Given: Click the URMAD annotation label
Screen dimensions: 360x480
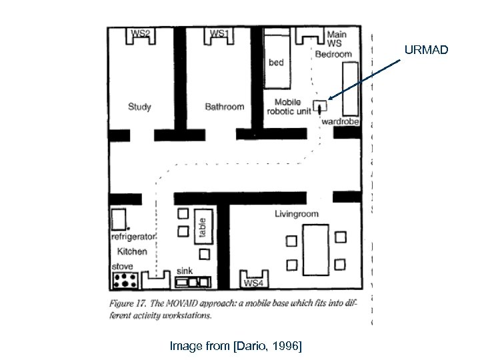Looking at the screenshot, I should pos(425,49).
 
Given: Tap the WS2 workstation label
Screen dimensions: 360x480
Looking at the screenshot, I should pos(140,33).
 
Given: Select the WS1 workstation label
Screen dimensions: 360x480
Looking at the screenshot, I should pos(219,33).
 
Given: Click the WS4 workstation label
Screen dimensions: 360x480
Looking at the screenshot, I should pos(253,283).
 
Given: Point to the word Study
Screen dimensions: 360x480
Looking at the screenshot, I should pos(139,106).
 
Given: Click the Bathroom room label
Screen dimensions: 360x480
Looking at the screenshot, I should pos(224,106).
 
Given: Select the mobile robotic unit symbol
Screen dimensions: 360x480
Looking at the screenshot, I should pos(321,106).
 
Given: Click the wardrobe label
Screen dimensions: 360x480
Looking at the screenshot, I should pos(341,122).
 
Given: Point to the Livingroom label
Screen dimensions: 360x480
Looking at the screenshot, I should pos(297,214).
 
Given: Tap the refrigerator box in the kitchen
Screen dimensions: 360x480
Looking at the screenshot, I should pos(119,219).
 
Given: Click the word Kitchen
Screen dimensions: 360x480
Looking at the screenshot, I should pos(132,251).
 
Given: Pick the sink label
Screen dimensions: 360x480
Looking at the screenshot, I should pos(184,271).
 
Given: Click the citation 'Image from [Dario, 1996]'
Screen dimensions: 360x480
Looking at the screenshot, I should pos(235,345).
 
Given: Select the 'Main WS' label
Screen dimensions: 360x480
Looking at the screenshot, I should pos(337,39).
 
